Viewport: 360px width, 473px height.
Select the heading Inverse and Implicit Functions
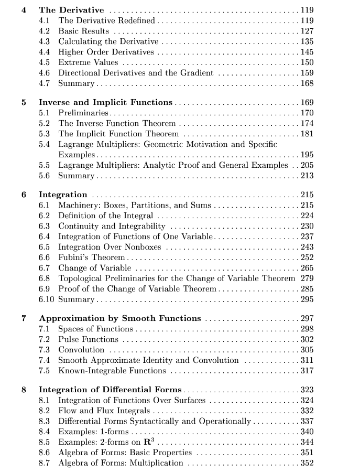point(105,102)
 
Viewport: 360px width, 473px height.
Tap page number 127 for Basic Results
point(307,31)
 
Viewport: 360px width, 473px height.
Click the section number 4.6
point(45,73)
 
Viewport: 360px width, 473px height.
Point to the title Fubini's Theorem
point(92,257)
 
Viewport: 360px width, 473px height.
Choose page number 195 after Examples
point(307,155)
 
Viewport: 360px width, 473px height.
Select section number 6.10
point(46,299)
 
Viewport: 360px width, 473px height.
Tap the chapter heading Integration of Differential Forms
point(110,390)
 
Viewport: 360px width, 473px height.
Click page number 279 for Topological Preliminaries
point(307,278)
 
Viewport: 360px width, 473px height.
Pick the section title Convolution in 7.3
point(81,350)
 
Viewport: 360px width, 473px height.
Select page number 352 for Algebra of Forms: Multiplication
point(307,463)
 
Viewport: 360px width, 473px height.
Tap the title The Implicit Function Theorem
point(118,134)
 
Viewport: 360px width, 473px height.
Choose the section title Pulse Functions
point(88,339)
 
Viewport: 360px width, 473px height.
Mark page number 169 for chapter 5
point(307,102)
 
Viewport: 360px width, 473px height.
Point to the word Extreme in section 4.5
point(73,62)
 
